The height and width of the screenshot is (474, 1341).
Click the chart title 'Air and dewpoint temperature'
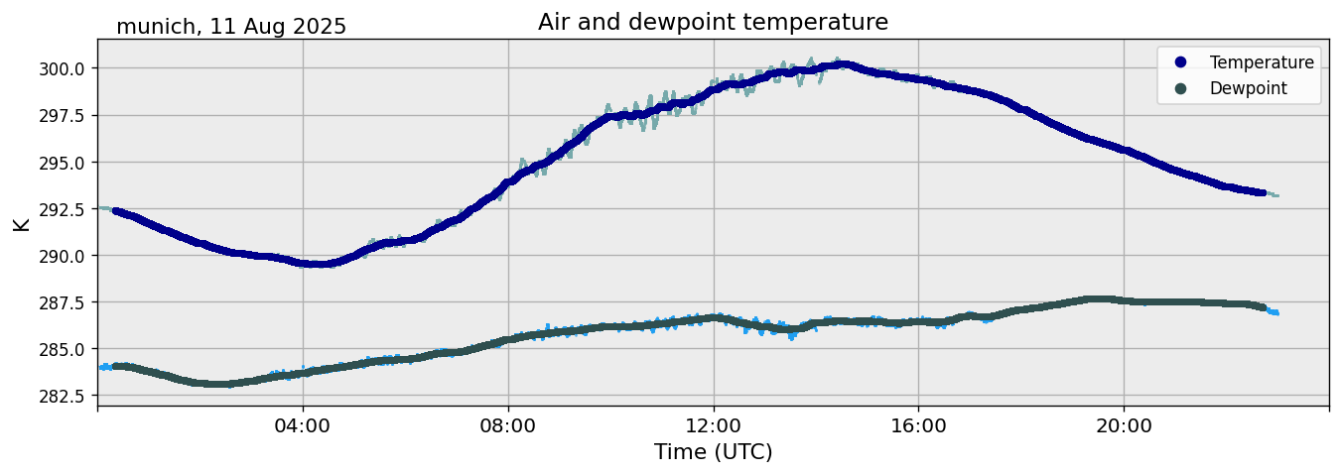(713, 22)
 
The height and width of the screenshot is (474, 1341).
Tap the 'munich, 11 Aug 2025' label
(231, 27)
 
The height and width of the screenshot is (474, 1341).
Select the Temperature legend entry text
(1262, 62)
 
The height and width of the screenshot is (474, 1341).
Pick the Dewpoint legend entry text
(1248, 88)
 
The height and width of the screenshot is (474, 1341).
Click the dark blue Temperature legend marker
(1180, 62)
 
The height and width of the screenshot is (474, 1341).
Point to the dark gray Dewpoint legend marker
(1180, 88)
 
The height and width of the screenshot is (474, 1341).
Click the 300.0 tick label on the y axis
(65, 68)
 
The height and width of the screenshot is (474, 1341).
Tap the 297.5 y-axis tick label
(65, 115)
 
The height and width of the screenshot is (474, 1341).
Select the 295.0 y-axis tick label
(65, 162)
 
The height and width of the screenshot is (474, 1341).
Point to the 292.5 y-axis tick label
(65, 208)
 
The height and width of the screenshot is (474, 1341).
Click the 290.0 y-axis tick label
(65, 255)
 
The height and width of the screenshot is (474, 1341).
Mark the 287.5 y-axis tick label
(65, 301)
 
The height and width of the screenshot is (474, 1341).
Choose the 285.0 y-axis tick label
(65, 348)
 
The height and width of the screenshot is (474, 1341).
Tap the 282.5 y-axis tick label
(65, 396)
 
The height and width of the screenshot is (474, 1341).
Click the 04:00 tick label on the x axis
(303, 425)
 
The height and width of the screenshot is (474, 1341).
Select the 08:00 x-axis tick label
(508, 425)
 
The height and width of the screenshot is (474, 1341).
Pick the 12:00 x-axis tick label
(714, 425)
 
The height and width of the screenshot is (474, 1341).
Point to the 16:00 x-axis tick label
(918, 425)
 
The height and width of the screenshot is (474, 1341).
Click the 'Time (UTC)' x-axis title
(713, 452)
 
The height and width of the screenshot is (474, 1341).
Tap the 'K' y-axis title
(21, 223)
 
